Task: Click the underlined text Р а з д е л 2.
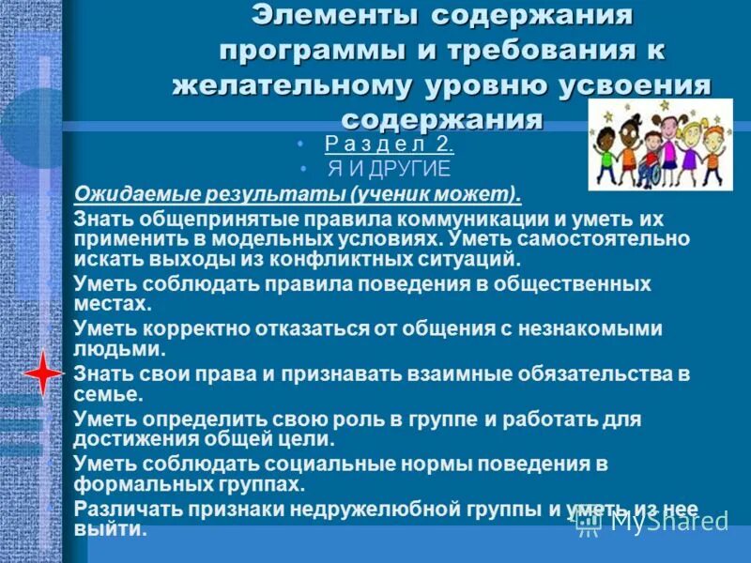389,145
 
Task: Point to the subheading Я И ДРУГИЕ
388,169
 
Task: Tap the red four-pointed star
42,373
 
